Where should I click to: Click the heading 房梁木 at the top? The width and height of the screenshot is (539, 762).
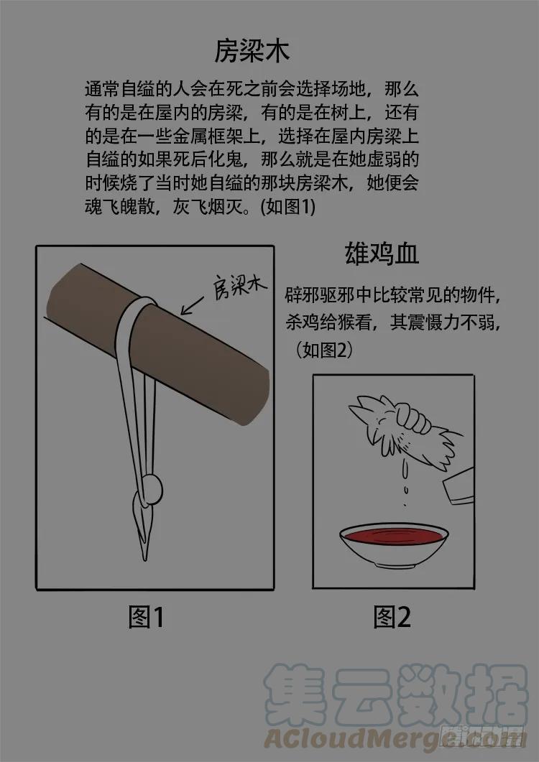(x=252, y=50)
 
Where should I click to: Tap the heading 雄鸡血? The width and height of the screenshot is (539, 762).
(x=382, y=254)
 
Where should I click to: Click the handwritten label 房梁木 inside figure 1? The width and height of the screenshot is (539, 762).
(x=239, y=287)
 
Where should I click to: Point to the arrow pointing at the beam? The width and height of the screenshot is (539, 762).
(x=192, y=306)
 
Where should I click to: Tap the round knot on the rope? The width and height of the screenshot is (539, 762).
(x=152, y=489)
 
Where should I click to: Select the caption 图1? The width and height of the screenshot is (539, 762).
(x=147, y=617)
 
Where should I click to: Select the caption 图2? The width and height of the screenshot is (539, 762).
(x=392, y=617)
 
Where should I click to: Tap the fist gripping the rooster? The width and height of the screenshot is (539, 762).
(x=413, y=417)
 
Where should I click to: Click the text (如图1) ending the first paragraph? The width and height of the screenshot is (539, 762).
(x=288, y=207)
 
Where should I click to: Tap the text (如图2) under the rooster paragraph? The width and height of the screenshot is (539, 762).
(x=324, y=350)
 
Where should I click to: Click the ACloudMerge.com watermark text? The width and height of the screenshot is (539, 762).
(x=394, y=739)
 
